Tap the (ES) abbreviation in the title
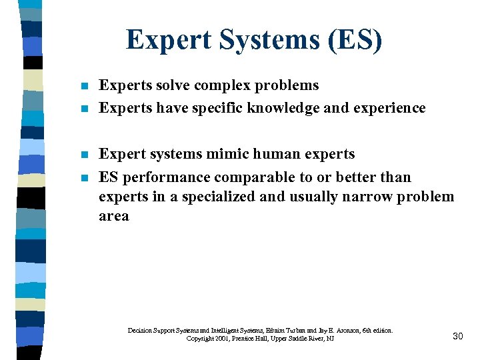tap(357, 41)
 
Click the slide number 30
tap(457, 336)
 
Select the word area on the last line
tap(114, 217)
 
